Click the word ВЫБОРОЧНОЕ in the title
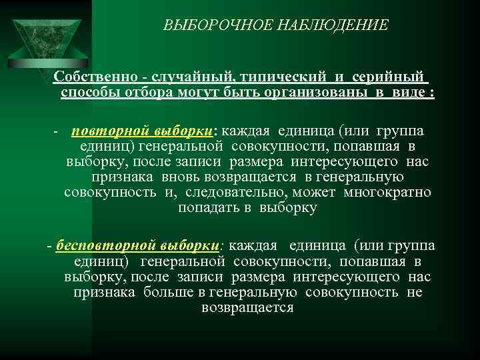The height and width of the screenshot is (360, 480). pos(203,25)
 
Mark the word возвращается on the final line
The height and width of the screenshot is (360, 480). pos(247,308)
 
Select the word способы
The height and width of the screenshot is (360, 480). pos(91,93)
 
